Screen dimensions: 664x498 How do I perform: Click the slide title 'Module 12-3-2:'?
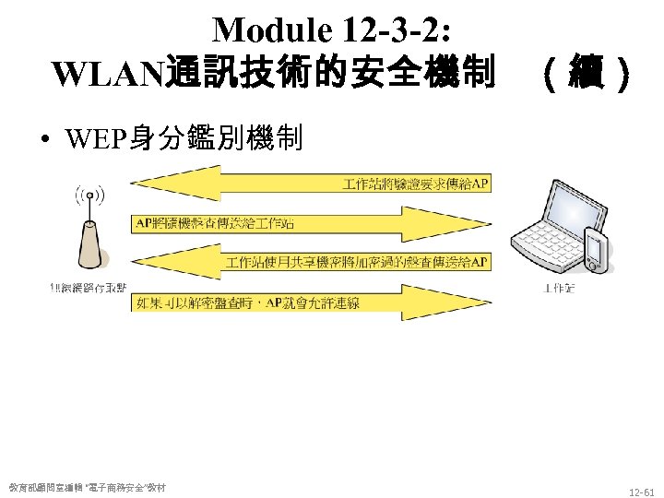tap(331, 31)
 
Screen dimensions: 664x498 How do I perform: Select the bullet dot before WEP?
tap(43, 140)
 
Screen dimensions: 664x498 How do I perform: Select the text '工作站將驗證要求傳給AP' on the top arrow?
tap(415, 184)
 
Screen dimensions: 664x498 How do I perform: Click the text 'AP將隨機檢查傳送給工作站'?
tap(215, 223)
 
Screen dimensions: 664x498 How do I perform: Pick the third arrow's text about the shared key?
tap(356, 263)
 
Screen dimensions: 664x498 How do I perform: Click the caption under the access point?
tap(89, 288)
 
